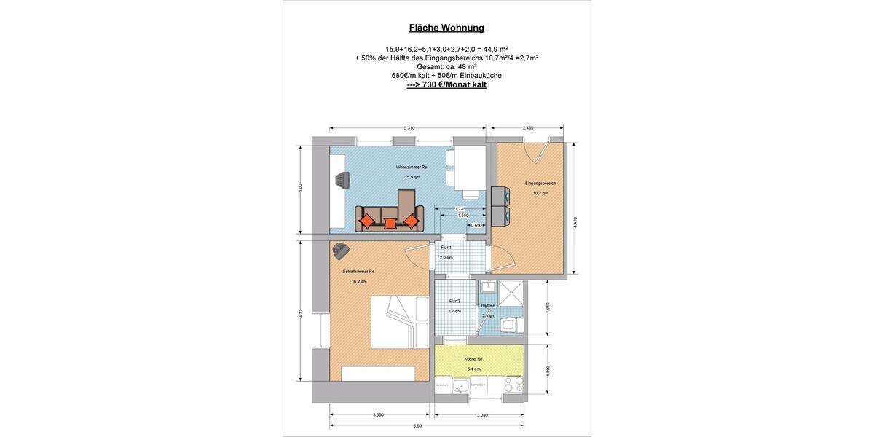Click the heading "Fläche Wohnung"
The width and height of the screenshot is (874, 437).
click(x=436, y=28)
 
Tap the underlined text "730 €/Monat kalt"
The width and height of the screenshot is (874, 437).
click(x=446, y=84)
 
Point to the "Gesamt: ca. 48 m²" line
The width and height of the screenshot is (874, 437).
click(x=436, y=66)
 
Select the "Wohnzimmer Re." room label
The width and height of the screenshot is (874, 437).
click(x=412, y=167)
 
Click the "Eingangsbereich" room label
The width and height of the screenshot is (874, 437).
click(x=540, y=183)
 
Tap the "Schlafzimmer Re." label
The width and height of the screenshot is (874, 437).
click(x=358, y=271)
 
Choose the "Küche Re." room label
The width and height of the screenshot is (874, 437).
click(x=475, y=359)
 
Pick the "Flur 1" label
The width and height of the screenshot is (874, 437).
click(x=446, y=248)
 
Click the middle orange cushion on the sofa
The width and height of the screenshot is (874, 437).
click(x=390, y=224)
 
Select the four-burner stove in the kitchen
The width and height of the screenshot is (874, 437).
click(x=513, y=384)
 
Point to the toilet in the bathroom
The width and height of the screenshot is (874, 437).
click(x=516, y=323)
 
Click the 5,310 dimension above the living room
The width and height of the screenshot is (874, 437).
click(x=409, y=128)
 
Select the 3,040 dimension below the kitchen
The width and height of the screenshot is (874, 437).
click(x=479, y=415)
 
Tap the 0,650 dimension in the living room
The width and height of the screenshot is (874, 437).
click(x=476, y=225)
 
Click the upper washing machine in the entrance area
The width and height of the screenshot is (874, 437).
click(x=500, y=196)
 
